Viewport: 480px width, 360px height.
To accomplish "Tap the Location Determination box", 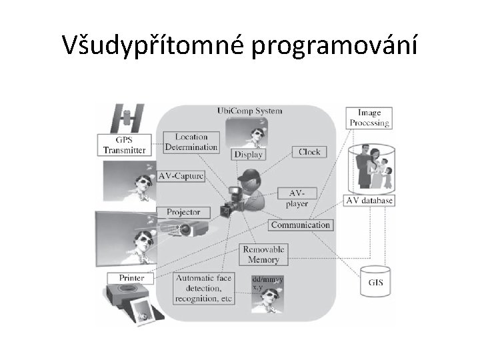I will coord(191,141).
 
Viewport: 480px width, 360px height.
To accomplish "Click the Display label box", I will coord(248,154).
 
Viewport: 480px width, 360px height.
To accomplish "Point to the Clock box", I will coord(309,152).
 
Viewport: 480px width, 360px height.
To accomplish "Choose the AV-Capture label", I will coord(181,177).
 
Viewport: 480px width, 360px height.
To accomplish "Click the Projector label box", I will coord(183,212).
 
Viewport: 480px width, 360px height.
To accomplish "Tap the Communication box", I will coord(301,225).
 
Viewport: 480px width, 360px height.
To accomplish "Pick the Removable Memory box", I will coord(264,254).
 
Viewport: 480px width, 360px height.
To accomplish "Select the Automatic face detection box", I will coord(203,289).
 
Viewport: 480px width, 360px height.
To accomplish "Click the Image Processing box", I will coord(369,118).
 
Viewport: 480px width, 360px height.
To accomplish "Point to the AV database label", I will coord(369,200).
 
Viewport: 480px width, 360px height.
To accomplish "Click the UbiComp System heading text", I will coord(249,111).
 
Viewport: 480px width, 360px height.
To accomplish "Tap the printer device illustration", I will coord(128,296).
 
